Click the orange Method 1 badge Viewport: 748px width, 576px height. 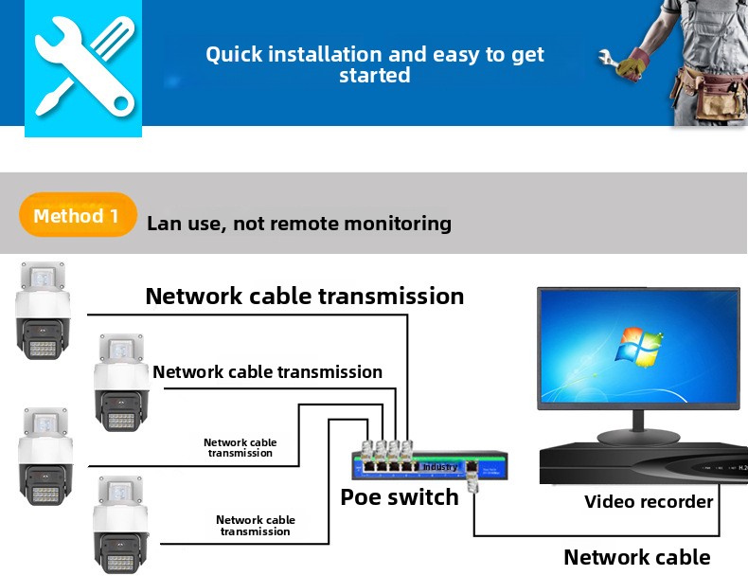[x=77, y=216]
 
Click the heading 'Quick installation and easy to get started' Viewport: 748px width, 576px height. [x=375, y=64]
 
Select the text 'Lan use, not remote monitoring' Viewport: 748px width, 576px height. [x=299, y=225]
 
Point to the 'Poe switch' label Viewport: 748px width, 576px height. [x=399, y=496]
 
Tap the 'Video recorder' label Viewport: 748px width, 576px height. [x=648, y=501]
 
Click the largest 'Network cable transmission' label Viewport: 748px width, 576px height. [x=304, y=297]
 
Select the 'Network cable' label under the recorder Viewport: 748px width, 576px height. [x=636, y=557]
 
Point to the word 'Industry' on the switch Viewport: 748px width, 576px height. [x=439, y=467]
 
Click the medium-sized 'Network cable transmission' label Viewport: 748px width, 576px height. [x=267, y=372]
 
